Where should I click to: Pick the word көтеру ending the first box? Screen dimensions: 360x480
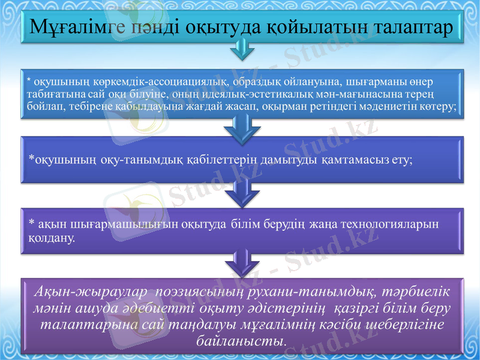point(442,106)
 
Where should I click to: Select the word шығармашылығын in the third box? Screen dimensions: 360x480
point(118,224)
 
